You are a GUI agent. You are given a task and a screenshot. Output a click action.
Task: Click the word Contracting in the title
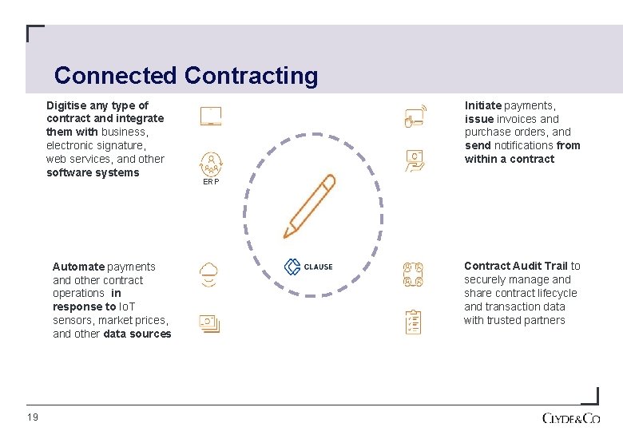coord(251,76)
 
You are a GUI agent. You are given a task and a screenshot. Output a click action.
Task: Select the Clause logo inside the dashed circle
coord(308,267)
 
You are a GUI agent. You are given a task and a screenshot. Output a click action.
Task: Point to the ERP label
coord(211,181)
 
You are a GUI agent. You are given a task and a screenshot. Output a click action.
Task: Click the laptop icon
coord(211,117)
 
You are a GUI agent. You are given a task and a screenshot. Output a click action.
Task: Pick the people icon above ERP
coord(211,163)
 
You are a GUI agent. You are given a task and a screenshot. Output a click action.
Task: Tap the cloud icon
coord(209,275)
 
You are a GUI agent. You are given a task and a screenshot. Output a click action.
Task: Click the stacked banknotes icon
coord(209,323)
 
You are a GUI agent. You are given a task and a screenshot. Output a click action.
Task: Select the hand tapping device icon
coord(415,117)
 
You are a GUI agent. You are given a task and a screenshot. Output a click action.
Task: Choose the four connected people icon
coord(413,275)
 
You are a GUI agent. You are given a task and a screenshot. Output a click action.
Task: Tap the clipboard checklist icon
coord(413,322)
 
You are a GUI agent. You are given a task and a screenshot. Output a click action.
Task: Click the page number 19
coord(32,417)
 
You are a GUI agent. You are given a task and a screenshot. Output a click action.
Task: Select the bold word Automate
coord(78,267)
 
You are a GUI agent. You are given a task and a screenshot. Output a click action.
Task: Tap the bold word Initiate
coord(483,105)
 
